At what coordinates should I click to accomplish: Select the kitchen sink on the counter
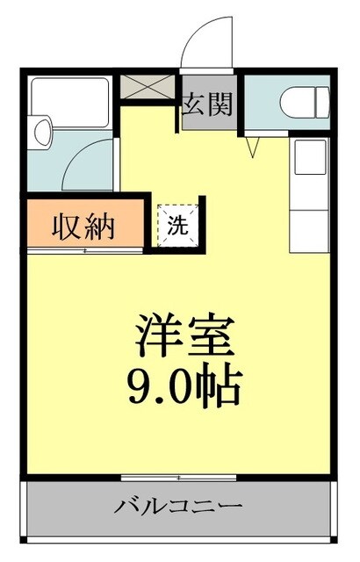click(309, 158)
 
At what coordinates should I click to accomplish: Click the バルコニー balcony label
click(179, 508)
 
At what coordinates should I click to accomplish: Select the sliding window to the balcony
click(179, 478)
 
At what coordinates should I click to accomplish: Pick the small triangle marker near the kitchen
click(254, 148)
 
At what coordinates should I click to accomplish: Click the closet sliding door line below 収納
click(85, 251)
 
